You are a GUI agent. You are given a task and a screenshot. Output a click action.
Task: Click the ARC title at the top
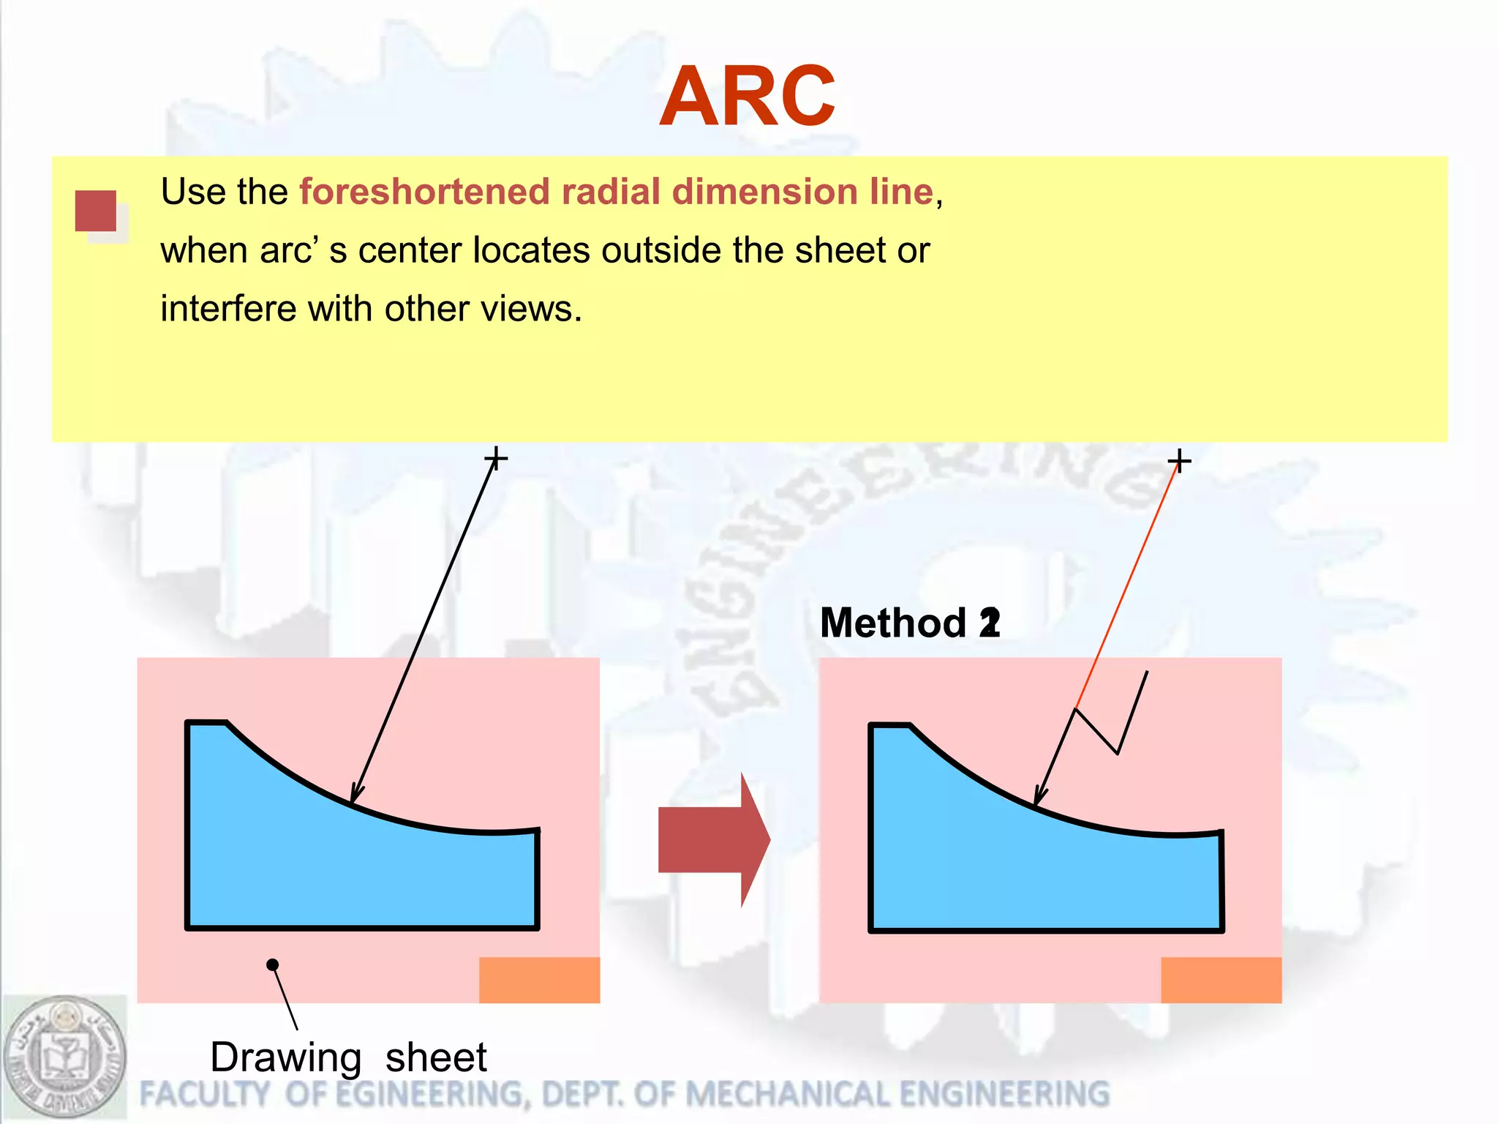pyautogui.click(x=747, y=97)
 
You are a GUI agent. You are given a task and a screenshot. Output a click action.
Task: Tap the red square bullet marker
pyautogui.click(x=96, y=211)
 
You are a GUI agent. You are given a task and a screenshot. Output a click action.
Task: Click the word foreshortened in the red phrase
pyautogui.click(x=425, y=192)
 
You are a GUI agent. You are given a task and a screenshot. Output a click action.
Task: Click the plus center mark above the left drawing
pyautogui.click(x=496, y=459)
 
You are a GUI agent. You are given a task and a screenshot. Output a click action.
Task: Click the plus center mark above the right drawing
pyautogui.click(x=1179, y=461)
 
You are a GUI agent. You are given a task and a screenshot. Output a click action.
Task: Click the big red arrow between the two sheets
pyautogui.click(x=713, y=840)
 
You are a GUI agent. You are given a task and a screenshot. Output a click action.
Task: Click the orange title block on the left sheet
pyautogui.click(x=539, y=980)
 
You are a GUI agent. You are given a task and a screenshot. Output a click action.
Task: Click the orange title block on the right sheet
pyautogui.click(x=1221, y=980)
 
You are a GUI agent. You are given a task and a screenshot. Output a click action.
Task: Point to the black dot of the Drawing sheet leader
pyautogui.click(x=273, y=964)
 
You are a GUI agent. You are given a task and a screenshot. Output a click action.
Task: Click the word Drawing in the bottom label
pyautogui.click(x=285, y=1058)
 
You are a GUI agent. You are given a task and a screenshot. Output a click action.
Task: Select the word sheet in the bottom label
pyautogui.click(x=436, y=1058)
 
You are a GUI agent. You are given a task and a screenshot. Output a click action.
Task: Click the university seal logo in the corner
pyautogui.click(x=64, y=1057)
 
